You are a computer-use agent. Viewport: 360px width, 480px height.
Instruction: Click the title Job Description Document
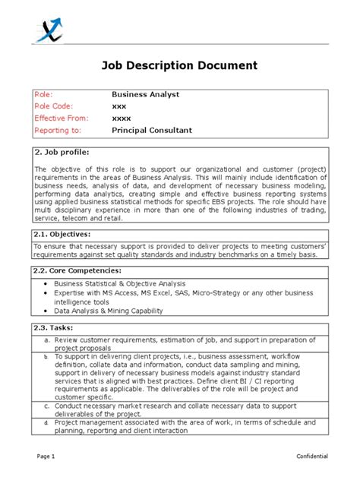[179, 65]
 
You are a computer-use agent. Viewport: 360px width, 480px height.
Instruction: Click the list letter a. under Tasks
[47, 341]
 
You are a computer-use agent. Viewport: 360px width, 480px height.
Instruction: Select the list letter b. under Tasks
[47, 357]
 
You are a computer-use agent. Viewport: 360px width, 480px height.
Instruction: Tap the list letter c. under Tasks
[47, 406]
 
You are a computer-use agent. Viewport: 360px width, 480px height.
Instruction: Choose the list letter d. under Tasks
[47, 422]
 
